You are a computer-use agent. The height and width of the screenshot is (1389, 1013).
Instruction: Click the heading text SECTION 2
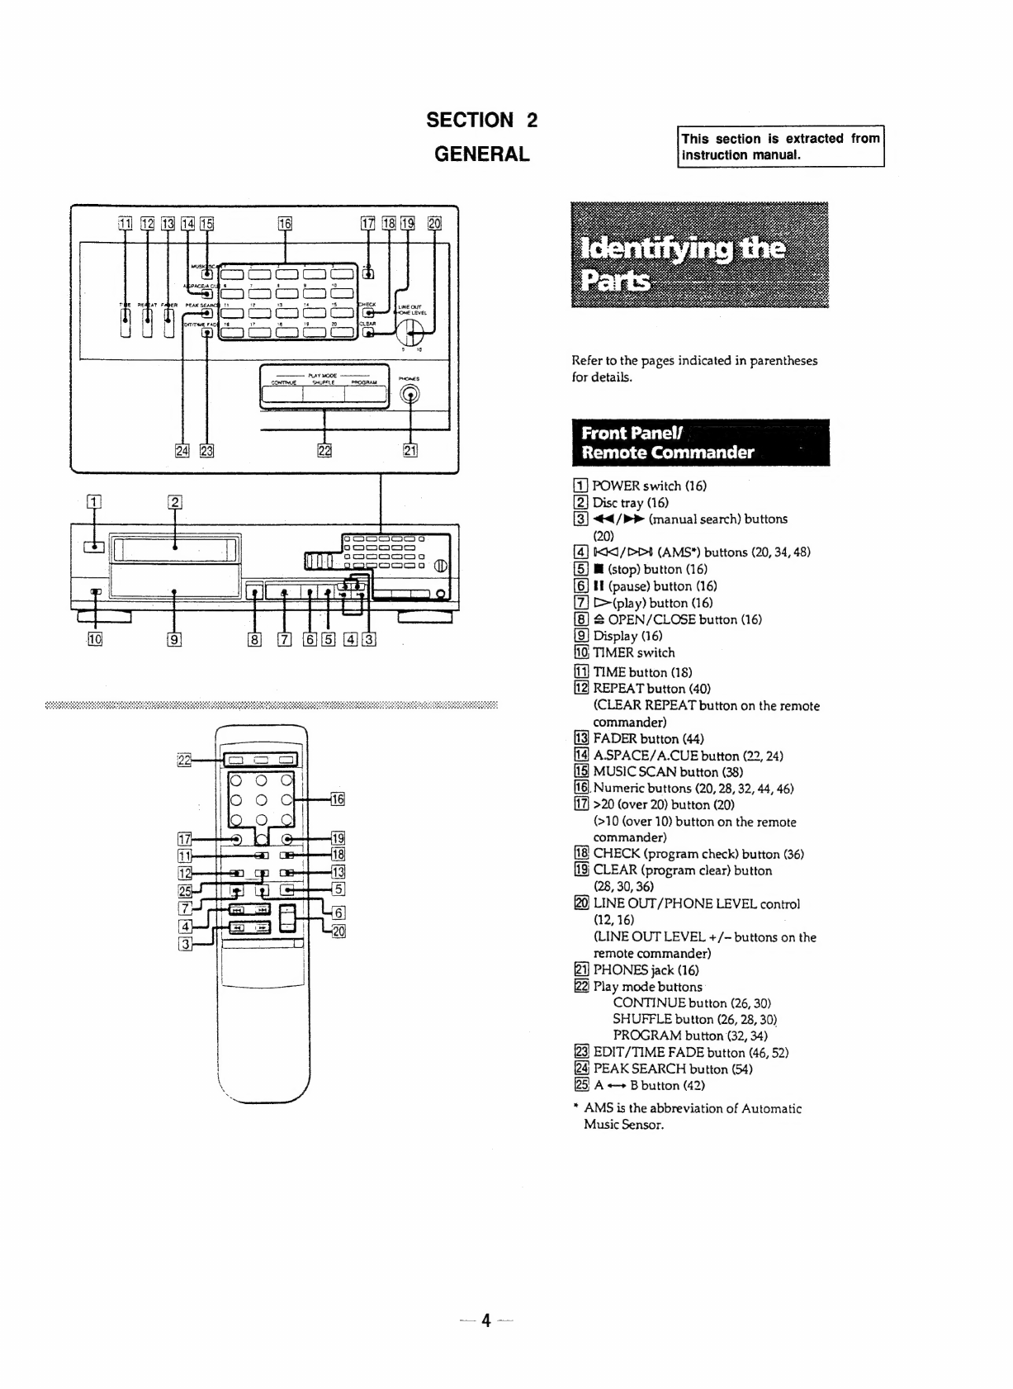[x=481, y=121]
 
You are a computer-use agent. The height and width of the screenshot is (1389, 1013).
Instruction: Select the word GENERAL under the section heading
[x=481, y=154]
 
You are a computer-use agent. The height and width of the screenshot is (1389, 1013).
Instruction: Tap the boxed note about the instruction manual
[x=780, y=147]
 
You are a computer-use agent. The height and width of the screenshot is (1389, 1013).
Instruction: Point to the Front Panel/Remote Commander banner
[x=700, y=443]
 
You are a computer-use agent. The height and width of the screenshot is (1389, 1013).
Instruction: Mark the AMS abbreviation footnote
[x=692, y=1116]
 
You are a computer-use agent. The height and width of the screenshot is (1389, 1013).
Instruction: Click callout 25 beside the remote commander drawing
[x=184, y=889]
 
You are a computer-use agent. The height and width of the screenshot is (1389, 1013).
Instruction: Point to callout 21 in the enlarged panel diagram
[x=409, y=450]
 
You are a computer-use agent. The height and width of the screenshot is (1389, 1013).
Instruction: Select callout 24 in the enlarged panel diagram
[x=181, y=450]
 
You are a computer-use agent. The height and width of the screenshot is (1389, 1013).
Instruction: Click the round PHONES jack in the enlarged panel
[x=409, y=396]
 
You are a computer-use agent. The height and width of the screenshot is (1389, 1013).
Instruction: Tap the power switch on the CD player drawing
[x=95, y=546]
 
